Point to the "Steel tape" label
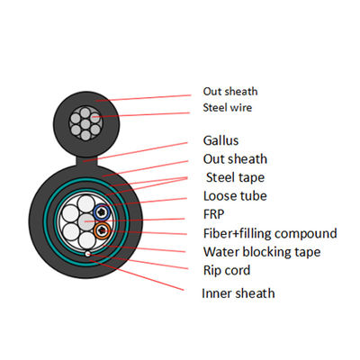pyautogui.click(x=237, y=176)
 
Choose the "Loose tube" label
pyautogui.click(x=236, y=195)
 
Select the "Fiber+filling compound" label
pyautogui.click(x=271, y=233)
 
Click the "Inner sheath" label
pyautogui.click(x=239, y=292)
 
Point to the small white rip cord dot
pyautogui.click(x=86, y=254)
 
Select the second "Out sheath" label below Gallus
pyautogui.click(x=235, y=159)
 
